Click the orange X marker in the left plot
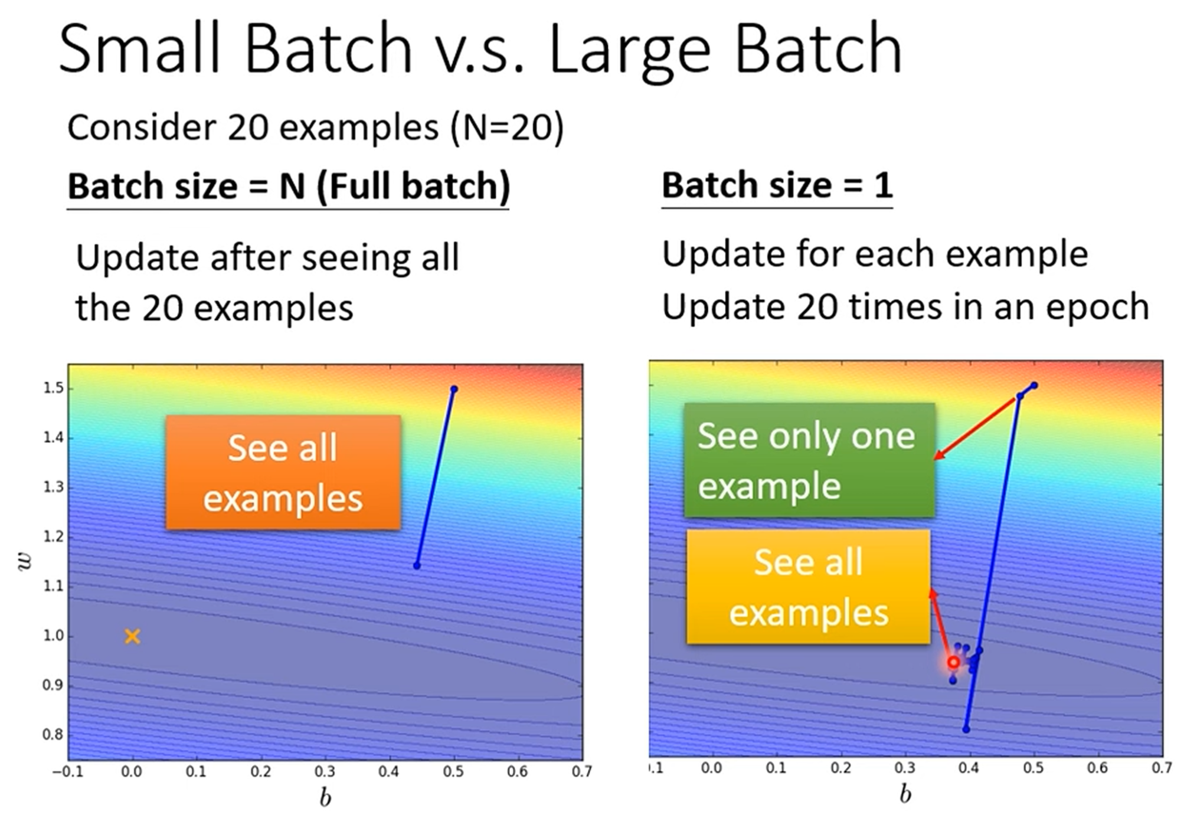132,636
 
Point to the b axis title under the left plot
325,798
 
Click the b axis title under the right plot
905,794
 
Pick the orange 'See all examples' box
283,472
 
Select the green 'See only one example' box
809,460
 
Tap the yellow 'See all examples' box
808,587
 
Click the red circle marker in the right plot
953,662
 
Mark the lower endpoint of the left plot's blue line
417,566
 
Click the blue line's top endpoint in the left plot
454,389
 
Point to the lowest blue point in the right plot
966,729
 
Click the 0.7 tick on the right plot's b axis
1162,768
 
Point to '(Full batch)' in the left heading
413,186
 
